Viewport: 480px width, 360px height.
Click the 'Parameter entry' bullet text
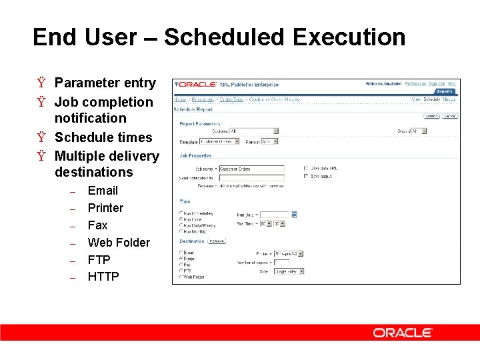tap(105, 83)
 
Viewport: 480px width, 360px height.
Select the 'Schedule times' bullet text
tap(103, 137)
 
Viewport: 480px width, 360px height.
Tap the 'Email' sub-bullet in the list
tap(103, 191)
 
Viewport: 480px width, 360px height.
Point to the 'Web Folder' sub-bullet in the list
tap(119, 243)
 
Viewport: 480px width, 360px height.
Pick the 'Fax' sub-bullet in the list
tap(97, 225)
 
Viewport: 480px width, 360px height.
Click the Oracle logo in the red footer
tap(403, 333)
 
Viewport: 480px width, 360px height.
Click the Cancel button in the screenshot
tap(450, 116)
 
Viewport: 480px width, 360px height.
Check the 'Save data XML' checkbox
tap(305, 169)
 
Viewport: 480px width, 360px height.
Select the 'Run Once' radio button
tap(181, 219)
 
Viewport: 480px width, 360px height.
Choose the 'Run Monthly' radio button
tap(181, 231)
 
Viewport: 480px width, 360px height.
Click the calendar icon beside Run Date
tap(294, 215)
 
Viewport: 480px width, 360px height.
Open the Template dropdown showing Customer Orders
tap(218, 141)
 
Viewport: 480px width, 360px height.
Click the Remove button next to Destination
tap(216, 241)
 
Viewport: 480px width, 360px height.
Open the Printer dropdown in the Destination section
tap(289, 253)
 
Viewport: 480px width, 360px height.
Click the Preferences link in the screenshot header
tap(415, 84)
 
